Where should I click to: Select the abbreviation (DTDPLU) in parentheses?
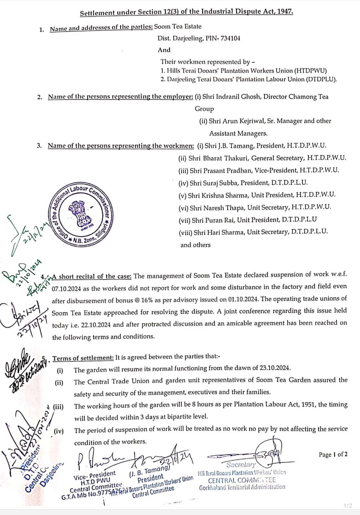click(x=320, y=79)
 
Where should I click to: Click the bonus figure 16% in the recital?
click(x=147, y=300)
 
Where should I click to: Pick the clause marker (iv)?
click(x=59, y=431)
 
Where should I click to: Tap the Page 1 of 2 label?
click(x=333, y=454)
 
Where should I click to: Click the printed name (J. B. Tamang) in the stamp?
click(x=149, y=470)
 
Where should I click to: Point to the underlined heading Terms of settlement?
click(x=83, y=358)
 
